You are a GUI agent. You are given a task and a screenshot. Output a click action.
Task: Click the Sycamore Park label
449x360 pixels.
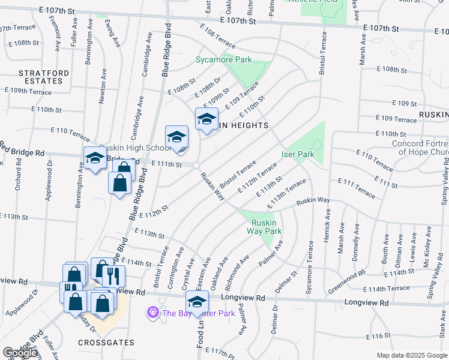tap(224, 60)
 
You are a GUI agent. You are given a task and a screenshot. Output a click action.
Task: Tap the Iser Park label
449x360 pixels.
tap(298, 154)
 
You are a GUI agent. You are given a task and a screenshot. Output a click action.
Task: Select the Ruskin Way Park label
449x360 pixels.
tap(266, 226)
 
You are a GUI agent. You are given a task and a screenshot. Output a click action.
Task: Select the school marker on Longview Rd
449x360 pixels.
tap(197, 301)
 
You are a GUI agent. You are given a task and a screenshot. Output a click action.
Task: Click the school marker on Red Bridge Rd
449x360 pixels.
tap(95, 158)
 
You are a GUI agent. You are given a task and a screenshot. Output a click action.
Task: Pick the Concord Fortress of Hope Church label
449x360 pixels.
tap(420, 147)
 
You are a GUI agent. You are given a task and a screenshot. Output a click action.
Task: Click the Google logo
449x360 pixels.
tap(19, 353)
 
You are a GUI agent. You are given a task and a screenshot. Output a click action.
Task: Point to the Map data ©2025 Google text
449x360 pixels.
tap(411, 355)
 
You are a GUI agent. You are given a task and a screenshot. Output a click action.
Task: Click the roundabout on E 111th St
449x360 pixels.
tap(196, 166)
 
